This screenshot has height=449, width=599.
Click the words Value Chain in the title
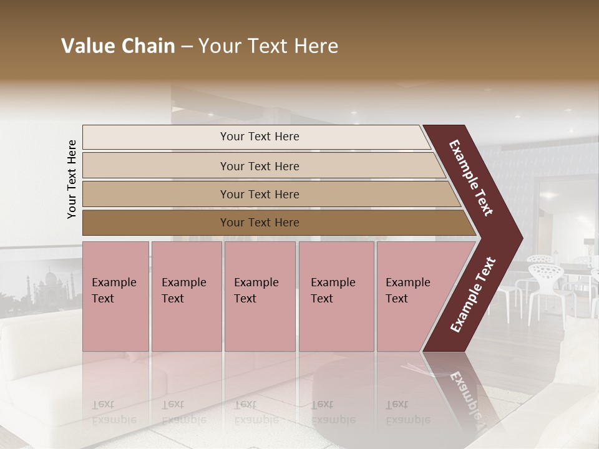[x=118, y=46]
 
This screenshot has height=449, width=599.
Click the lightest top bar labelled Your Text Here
[x=260, y=137]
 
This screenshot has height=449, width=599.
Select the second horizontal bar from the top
[x=260, y=166]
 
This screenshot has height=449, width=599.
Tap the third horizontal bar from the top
[x=260, y=194]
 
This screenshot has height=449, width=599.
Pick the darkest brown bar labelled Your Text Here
[x=260, y=223]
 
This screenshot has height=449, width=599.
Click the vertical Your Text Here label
[x=72, y=179]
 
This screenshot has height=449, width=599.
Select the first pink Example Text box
[x=115, y=296]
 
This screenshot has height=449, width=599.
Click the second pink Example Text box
[x=186, y=296]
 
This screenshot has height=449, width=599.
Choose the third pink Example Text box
[x=260, y=296]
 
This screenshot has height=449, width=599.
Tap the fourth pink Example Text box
[x=336, y=296]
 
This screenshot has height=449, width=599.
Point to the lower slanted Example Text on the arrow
[x=473, y=296]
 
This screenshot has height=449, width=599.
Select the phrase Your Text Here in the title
[x=268, y=46]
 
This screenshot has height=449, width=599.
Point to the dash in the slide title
[x=187, y=47]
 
